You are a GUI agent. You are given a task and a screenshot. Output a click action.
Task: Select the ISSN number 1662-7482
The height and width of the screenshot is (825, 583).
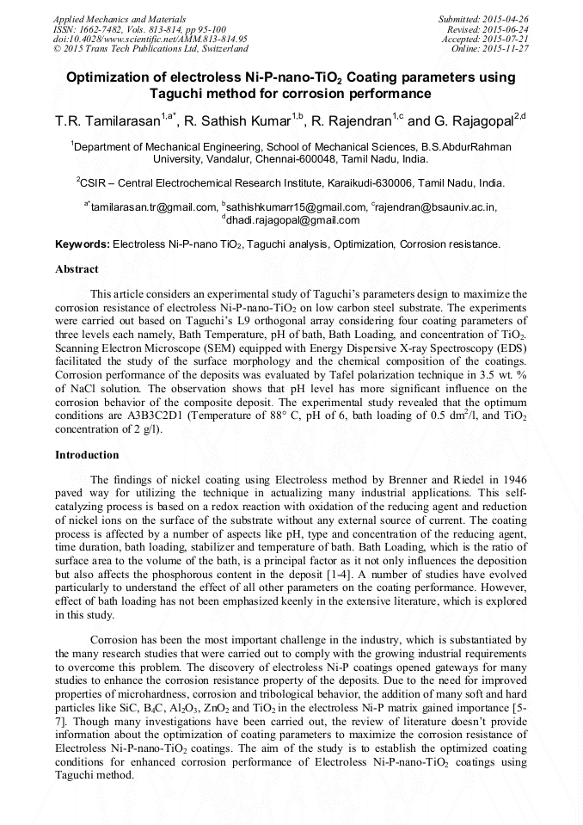(109, 29)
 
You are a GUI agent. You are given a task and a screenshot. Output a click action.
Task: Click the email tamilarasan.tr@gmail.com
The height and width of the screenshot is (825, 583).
(154, 207)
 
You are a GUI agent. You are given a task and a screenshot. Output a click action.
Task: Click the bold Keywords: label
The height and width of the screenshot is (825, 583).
(83, 245)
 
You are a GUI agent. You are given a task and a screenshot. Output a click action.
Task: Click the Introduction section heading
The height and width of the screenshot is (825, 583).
(87, 454)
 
